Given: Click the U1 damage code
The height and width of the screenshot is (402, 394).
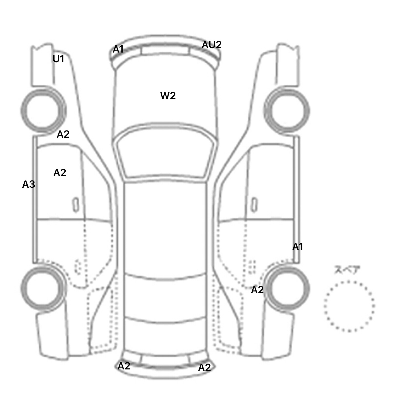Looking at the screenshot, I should pos(58,59).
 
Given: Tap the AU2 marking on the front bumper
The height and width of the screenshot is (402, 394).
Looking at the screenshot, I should pos(211,45).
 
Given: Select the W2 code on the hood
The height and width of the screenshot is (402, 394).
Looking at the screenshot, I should pos(168,96).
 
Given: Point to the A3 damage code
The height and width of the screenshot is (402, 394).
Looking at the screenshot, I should pos(28,184).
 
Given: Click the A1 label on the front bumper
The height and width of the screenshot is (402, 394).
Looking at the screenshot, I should pos(118,49).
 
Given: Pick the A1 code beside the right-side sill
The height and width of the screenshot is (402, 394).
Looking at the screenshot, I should pos(298,247).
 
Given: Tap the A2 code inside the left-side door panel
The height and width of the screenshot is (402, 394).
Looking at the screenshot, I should pos(60,173).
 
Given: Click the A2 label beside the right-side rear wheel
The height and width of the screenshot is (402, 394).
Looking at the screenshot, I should pos(257,290).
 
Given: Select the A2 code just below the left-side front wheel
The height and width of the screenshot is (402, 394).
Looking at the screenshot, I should pos(63,134).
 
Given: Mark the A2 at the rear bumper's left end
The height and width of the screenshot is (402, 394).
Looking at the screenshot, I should pos(124,366).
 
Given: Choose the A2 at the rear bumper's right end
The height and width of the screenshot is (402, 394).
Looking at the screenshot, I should pos(204,368).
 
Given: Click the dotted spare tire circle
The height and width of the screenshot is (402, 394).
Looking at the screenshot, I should pos(349,306).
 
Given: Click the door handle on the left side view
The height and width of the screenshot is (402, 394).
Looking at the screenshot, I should pos(76,205).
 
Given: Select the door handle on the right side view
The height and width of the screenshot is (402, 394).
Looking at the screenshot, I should pos(254,205).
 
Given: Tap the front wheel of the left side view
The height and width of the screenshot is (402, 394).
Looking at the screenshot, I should pos(43,111).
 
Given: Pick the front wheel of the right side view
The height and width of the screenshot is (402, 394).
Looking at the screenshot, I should pos(287,111).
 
